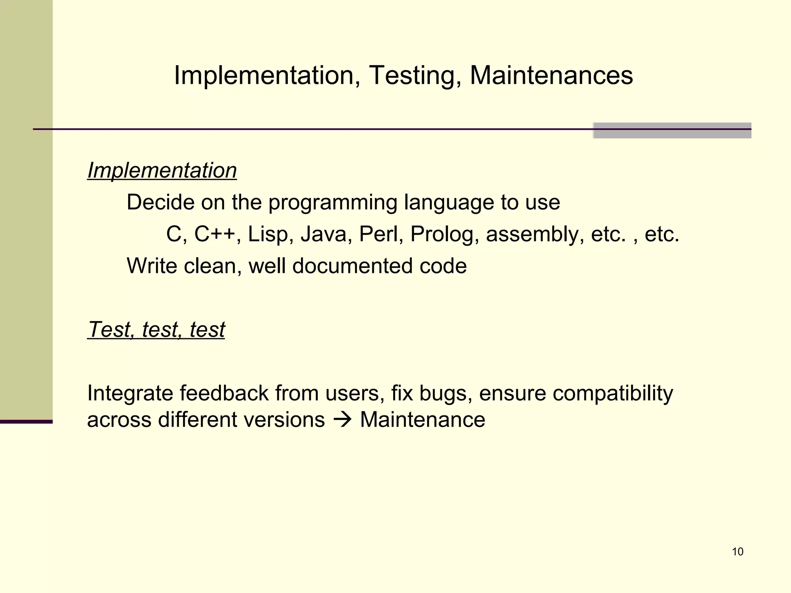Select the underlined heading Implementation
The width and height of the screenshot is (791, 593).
(x=162, y=170)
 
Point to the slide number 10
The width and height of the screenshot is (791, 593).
(x=737, y=552)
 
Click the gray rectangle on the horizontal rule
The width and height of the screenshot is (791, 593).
(x=672, y=130)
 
